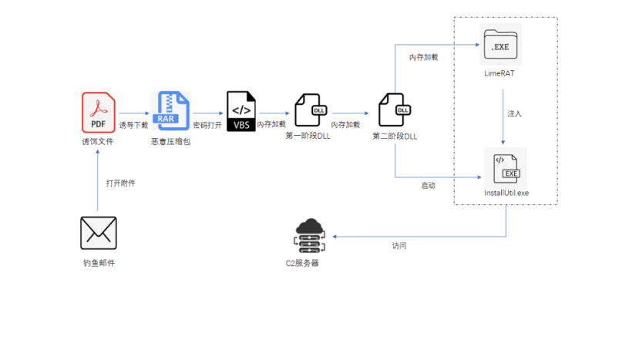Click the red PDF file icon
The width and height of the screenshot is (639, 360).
[99, 111]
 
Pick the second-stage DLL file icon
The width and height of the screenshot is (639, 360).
[395, 113]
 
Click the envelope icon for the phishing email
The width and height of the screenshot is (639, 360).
[99, 233]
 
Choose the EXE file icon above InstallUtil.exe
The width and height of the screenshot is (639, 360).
[505, 167]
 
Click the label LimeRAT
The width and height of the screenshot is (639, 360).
[501, 73]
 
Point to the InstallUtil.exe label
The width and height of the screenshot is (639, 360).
[506, 193]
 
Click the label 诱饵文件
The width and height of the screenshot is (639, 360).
[98, 142]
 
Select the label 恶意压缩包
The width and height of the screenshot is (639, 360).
[170, 143]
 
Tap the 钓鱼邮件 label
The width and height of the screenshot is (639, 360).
[99, 264]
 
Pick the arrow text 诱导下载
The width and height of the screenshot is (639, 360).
[133, 125]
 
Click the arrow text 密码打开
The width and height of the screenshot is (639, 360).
[207, 125]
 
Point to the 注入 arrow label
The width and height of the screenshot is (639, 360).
[514, 114]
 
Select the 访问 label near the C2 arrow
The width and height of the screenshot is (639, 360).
[399, 246]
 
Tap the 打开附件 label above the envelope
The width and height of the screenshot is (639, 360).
[121, 183]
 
